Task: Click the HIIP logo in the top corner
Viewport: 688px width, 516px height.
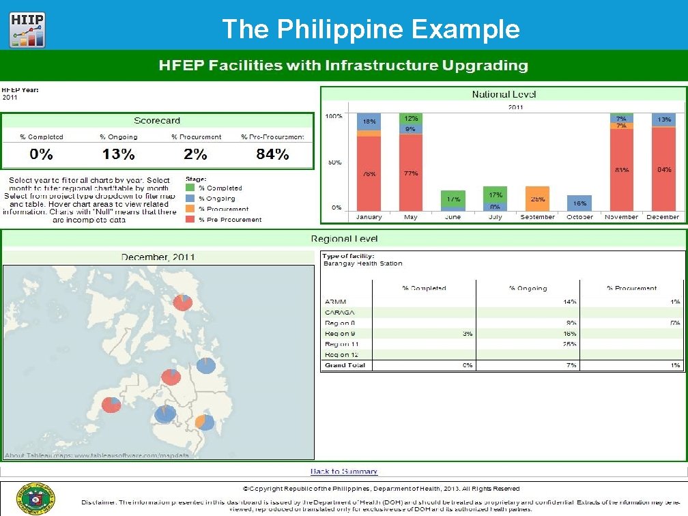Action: (27, 31)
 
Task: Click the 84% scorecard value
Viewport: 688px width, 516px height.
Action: (272, 154)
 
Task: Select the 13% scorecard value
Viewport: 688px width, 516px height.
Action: (119, 154)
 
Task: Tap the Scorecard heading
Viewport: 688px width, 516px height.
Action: (157, 121)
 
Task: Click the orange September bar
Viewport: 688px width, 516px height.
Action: (537, 199)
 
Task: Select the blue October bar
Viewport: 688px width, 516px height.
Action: (579, 203)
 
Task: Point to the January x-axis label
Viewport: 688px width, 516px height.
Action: (369, 217)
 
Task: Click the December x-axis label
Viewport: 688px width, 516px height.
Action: (663, 217)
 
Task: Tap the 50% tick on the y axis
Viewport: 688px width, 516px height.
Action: (334, 162)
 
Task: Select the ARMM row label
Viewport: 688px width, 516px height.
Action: (334, 301)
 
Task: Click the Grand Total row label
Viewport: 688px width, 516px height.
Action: (345, 365)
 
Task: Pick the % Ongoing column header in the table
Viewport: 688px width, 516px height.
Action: (528, 288)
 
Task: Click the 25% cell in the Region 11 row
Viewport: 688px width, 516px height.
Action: (569, 344)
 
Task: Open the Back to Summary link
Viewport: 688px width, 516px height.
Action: (344, 472)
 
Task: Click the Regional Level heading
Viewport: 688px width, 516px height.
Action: (344, 239)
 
